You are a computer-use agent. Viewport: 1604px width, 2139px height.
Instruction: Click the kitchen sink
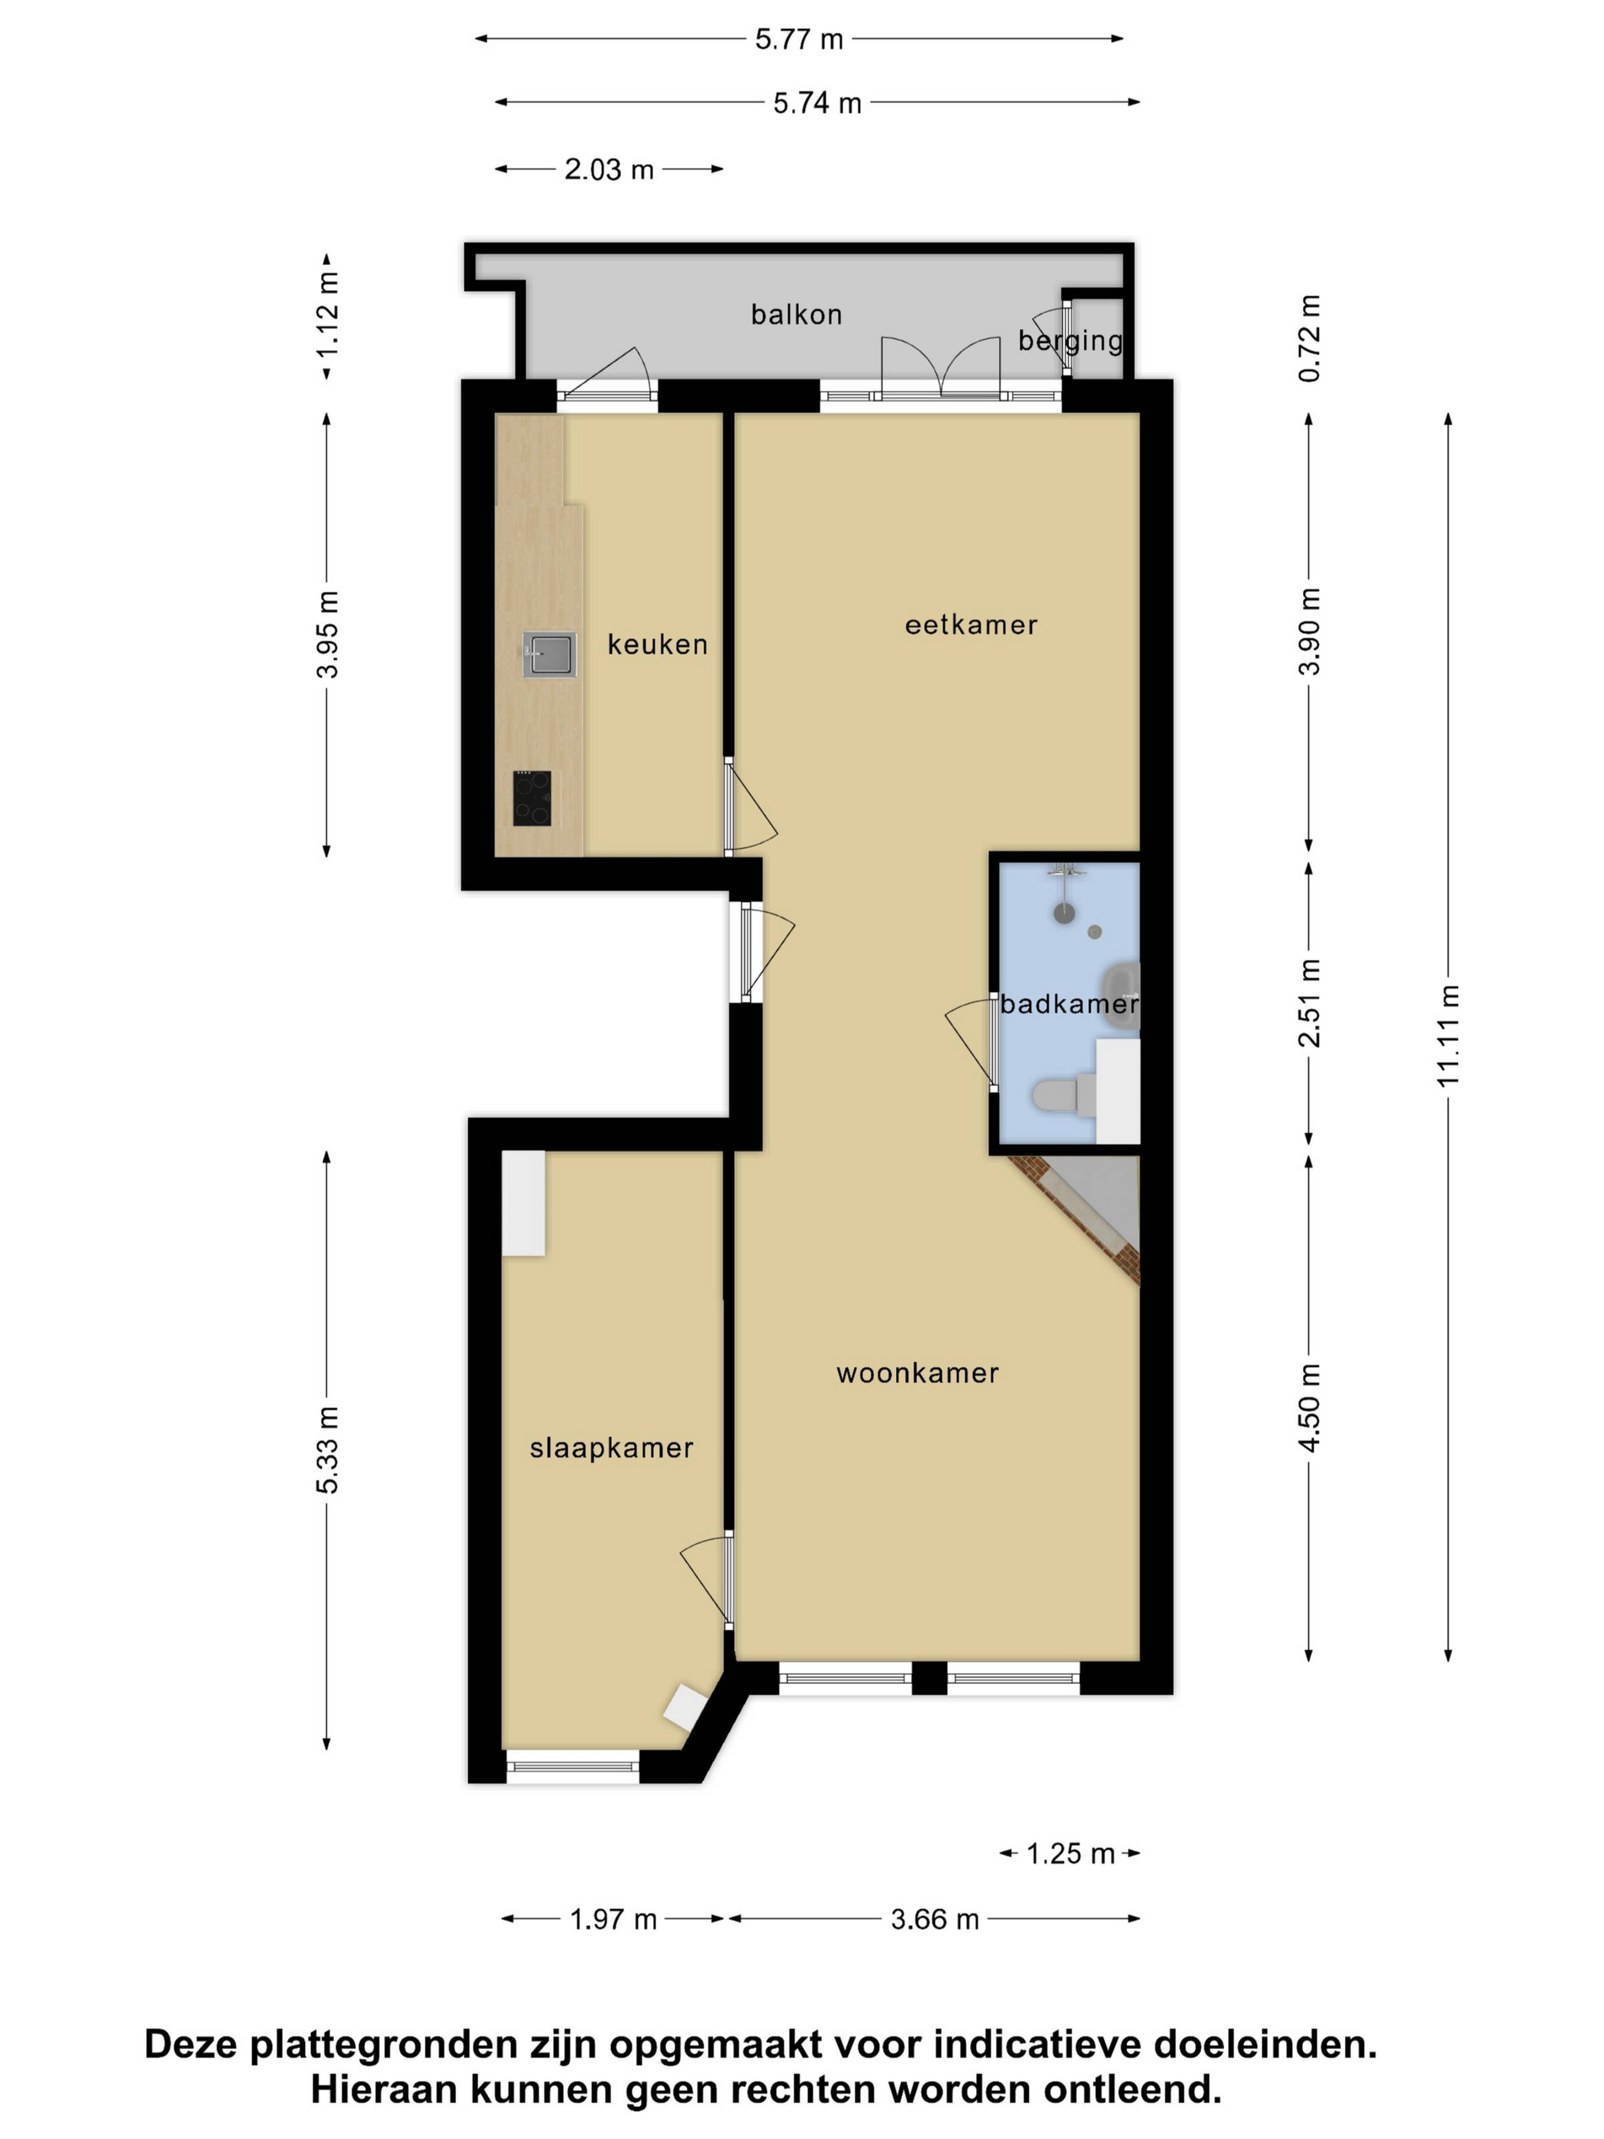click(x=549, y=655)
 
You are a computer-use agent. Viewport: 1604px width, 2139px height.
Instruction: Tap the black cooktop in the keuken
click(x=532, y=798)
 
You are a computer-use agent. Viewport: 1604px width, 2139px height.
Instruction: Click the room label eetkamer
click(x=971, y=625)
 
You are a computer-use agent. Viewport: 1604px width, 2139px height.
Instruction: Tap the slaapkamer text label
click(x=611, y=1448)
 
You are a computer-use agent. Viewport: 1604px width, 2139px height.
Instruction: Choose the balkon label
click(x=797, y=314)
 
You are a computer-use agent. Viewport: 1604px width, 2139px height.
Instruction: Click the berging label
click(x=1070, y=340)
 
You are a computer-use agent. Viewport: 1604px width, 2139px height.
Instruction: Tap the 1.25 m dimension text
click(x=1070, y=1854)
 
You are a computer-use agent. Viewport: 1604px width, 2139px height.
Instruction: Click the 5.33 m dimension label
click(x=328, y=1451)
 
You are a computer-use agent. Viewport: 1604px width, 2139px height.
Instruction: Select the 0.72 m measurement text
click(x=1309, y=338)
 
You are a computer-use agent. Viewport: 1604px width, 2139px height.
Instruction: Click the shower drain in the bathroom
click(x=1094, y=932)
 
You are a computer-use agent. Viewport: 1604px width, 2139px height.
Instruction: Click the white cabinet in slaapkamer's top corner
click(x=523, y=1203)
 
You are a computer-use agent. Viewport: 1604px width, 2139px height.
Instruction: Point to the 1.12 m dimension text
click(x=328, y=314)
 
